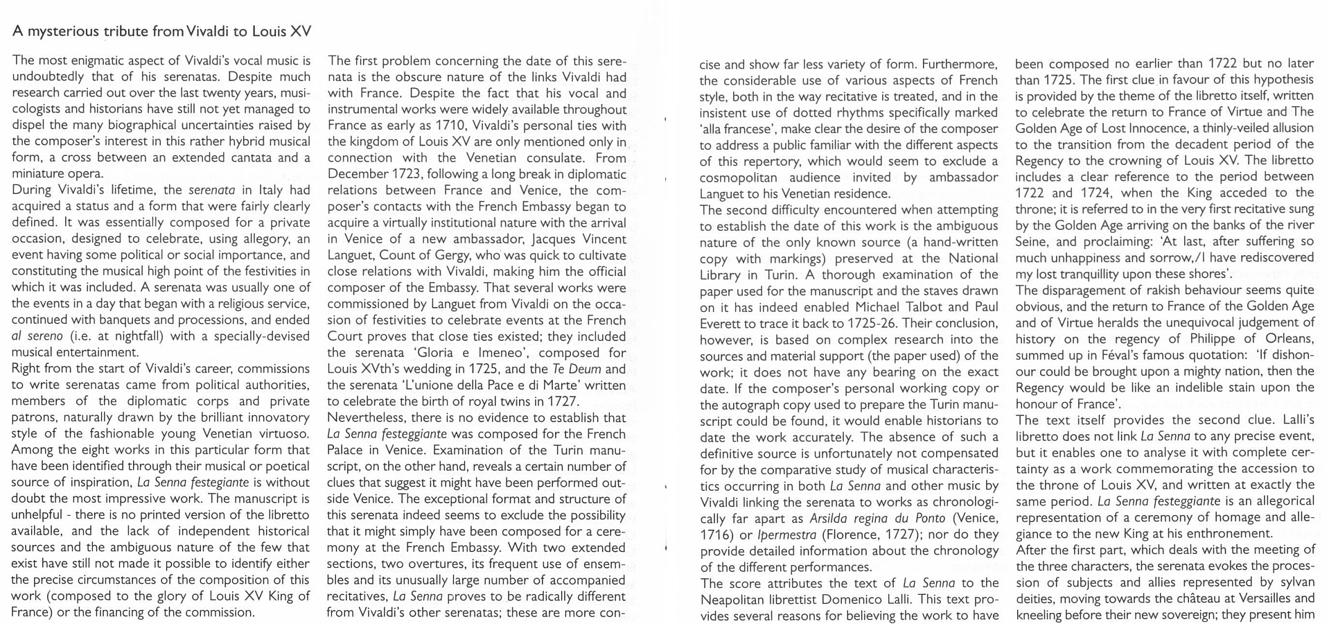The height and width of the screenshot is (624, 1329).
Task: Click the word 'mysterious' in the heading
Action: point(62,31)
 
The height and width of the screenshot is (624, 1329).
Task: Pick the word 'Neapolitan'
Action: point(735,600)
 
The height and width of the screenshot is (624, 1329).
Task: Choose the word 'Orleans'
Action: point(1290,338)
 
